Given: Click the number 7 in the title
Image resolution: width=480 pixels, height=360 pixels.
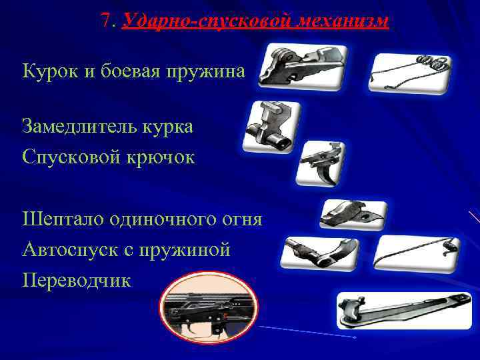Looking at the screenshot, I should [x=107, y=21].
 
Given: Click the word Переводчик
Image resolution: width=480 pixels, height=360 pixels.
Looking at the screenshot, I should [x=77, y=280].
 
